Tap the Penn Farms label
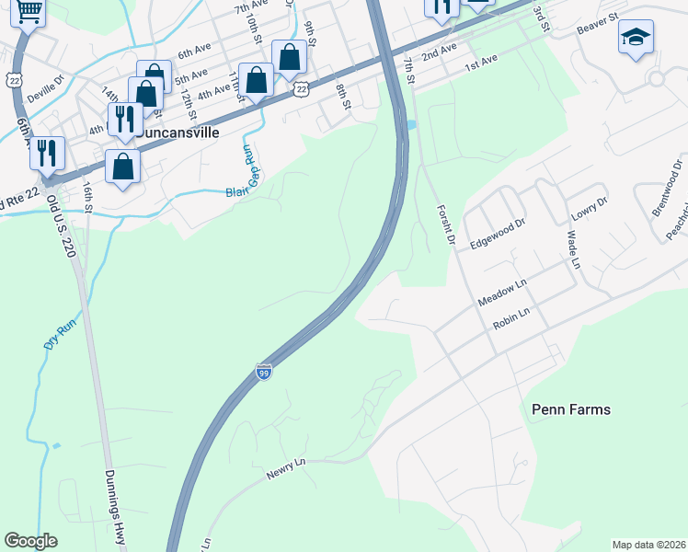pyautogui.click(x=571, y=408)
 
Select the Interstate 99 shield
pyautogui.click(x=264, y=372)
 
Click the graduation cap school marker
pyautogui.click(x=636, y=38)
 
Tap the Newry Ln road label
pyautogui.click(x=285, y=467)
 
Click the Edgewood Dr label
pyautogui.click(x=497, y=230)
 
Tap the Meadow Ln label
pyautogui.click(x=500, y=295)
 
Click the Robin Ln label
pyautogui.click(x=511, y=319)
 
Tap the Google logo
pyautogui.click(x=30, y=540)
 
